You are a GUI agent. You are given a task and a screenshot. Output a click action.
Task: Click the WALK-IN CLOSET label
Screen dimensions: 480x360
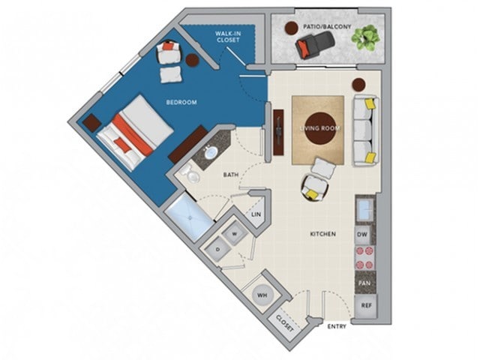(227, 37)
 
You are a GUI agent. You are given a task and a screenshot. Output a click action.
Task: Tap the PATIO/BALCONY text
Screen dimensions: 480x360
(327, 27)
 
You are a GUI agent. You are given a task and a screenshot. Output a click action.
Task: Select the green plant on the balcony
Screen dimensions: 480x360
(366, 37)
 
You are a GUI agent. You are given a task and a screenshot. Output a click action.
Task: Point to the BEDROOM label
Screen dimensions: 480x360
(181, 102)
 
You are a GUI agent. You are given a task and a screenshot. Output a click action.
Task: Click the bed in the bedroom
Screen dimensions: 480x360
(135, 132)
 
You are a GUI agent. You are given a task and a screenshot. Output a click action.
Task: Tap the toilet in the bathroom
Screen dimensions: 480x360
(190, 173)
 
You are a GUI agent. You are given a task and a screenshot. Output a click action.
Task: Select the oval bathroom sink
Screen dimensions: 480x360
(211, 151)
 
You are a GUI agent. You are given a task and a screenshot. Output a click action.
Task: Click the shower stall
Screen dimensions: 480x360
(190, 216)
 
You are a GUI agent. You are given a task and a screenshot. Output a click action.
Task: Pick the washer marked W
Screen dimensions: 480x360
(235, 234)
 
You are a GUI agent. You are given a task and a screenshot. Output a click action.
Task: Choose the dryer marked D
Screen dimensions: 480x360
(218, 249)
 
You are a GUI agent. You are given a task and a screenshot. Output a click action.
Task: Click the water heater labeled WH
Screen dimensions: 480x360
(262, 295)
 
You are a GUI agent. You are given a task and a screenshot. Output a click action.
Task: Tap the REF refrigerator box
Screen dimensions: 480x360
(366, 305)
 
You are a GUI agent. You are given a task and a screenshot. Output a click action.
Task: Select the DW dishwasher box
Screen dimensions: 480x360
(362, 235)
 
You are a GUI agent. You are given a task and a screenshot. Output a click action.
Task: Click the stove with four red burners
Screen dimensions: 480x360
(365, 258)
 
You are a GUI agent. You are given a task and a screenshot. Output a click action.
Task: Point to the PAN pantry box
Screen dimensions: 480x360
(365, 283)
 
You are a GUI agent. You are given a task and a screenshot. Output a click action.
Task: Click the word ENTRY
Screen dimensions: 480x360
(337, 326)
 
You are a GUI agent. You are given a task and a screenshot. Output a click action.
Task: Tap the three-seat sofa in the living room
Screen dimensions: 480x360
(367, 130)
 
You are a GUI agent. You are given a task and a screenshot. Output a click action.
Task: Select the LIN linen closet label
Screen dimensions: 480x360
(256, 214)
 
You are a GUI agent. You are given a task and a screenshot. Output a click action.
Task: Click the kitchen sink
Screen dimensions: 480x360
(365, 210)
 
